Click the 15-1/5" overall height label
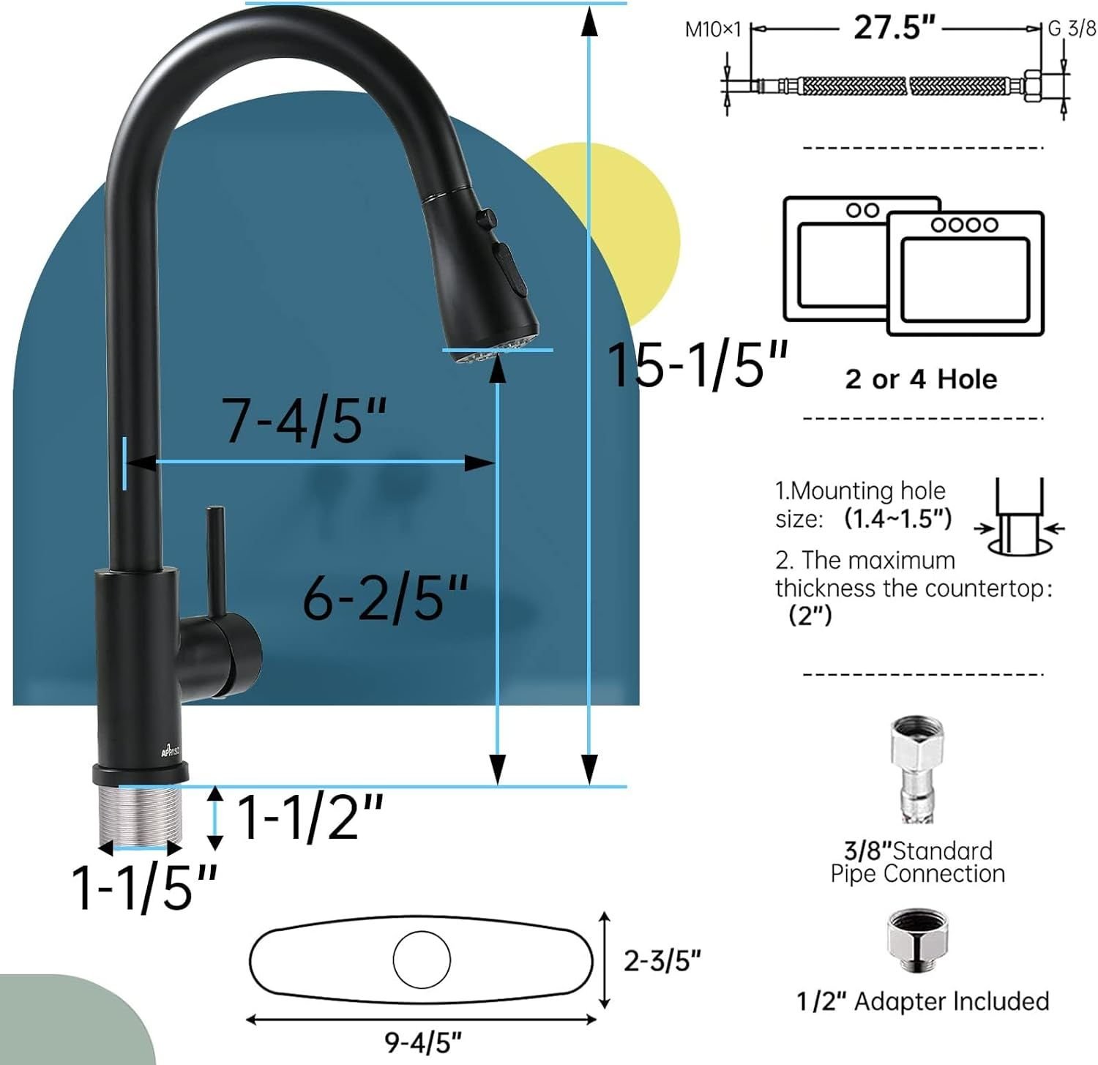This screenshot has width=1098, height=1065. (x=698, y=364)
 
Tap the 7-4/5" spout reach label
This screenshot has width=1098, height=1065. (x=305, y=420)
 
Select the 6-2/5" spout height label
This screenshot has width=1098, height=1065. (x=385, y=597)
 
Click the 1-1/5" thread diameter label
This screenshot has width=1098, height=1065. (x=144, y=887)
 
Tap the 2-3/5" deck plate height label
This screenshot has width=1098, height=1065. (x=662, y=960)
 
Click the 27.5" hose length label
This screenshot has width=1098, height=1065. (x=895, y=28)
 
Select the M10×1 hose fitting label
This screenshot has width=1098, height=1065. (x=713, y=29)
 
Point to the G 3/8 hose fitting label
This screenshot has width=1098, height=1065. (x=1072, y=29)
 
